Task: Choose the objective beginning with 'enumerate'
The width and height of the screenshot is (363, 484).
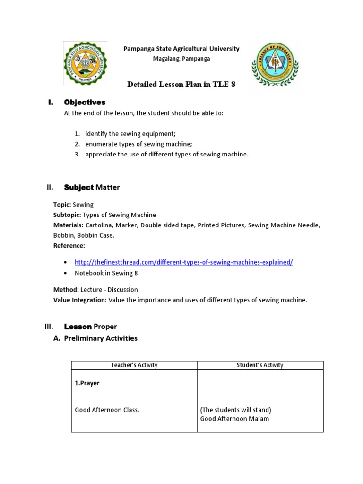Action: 138,144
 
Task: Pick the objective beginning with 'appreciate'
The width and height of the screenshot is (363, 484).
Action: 166,155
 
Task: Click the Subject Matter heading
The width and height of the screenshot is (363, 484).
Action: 92,187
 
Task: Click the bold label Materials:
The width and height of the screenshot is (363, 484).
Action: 69,225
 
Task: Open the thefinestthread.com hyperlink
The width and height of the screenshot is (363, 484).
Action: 183,262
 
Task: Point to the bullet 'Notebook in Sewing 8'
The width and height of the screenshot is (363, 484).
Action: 106,273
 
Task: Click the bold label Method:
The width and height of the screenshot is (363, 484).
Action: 66,289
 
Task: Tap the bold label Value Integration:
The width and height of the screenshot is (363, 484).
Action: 80,300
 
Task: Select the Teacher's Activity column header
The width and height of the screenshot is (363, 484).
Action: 134,365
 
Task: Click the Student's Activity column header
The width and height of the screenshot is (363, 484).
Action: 260,365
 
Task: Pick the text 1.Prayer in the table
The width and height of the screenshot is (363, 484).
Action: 87,383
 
